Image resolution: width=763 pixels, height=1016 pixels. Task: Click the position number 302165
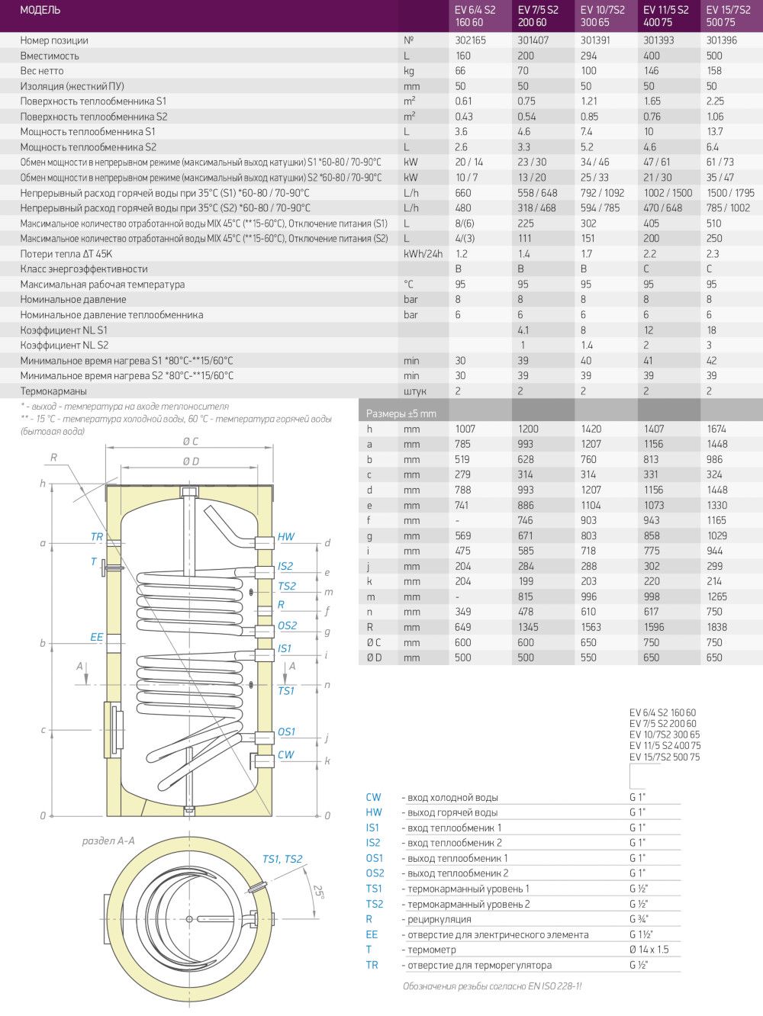coord(470,40)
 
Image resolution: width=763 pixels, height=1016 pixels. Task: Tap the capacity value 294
coord(588,56)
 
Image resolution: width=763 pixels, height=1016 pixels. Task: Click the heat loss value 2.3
coord(713,254)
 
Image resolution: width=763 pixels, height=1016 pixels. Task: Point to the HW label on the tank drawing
coord(286,537)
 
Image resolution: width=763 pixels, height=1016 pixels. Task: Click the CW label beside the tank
coord(286,755)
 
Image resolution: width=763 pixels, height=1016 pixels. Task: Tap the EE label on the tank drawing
coord(96,637)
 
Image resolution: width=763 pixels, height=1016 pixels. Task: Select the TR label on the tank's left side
coord(96,537)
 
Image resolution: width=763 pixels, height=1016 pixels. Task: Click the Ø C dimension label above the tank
coord(191,442)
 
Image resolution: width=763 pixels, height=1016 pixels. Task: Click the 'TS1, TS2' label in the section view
coord(282,859)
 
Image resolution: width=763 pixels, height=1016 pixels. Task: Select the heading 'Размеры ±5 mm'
coord(401,413)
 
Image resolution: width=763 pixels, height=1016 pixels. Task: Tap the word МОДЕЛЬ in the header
coord(40,11)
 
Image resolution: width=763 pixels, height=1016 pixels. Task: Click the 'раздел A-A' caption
coord(108,841)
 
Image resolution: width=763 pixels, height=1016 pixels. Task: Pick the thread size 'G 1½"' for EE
coord(641,934)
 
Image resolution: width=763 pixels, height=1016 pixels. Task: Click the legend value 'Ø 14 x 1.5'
coord(649,950)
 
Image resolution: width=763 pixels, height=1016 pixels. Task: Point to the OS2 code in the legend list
coord(375,873)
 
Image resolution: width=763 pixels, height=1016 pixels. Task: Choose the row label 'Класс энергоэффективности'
coord(84,269)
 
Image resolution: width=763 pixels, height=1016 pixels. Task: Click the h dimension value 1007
coord(465,429)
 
